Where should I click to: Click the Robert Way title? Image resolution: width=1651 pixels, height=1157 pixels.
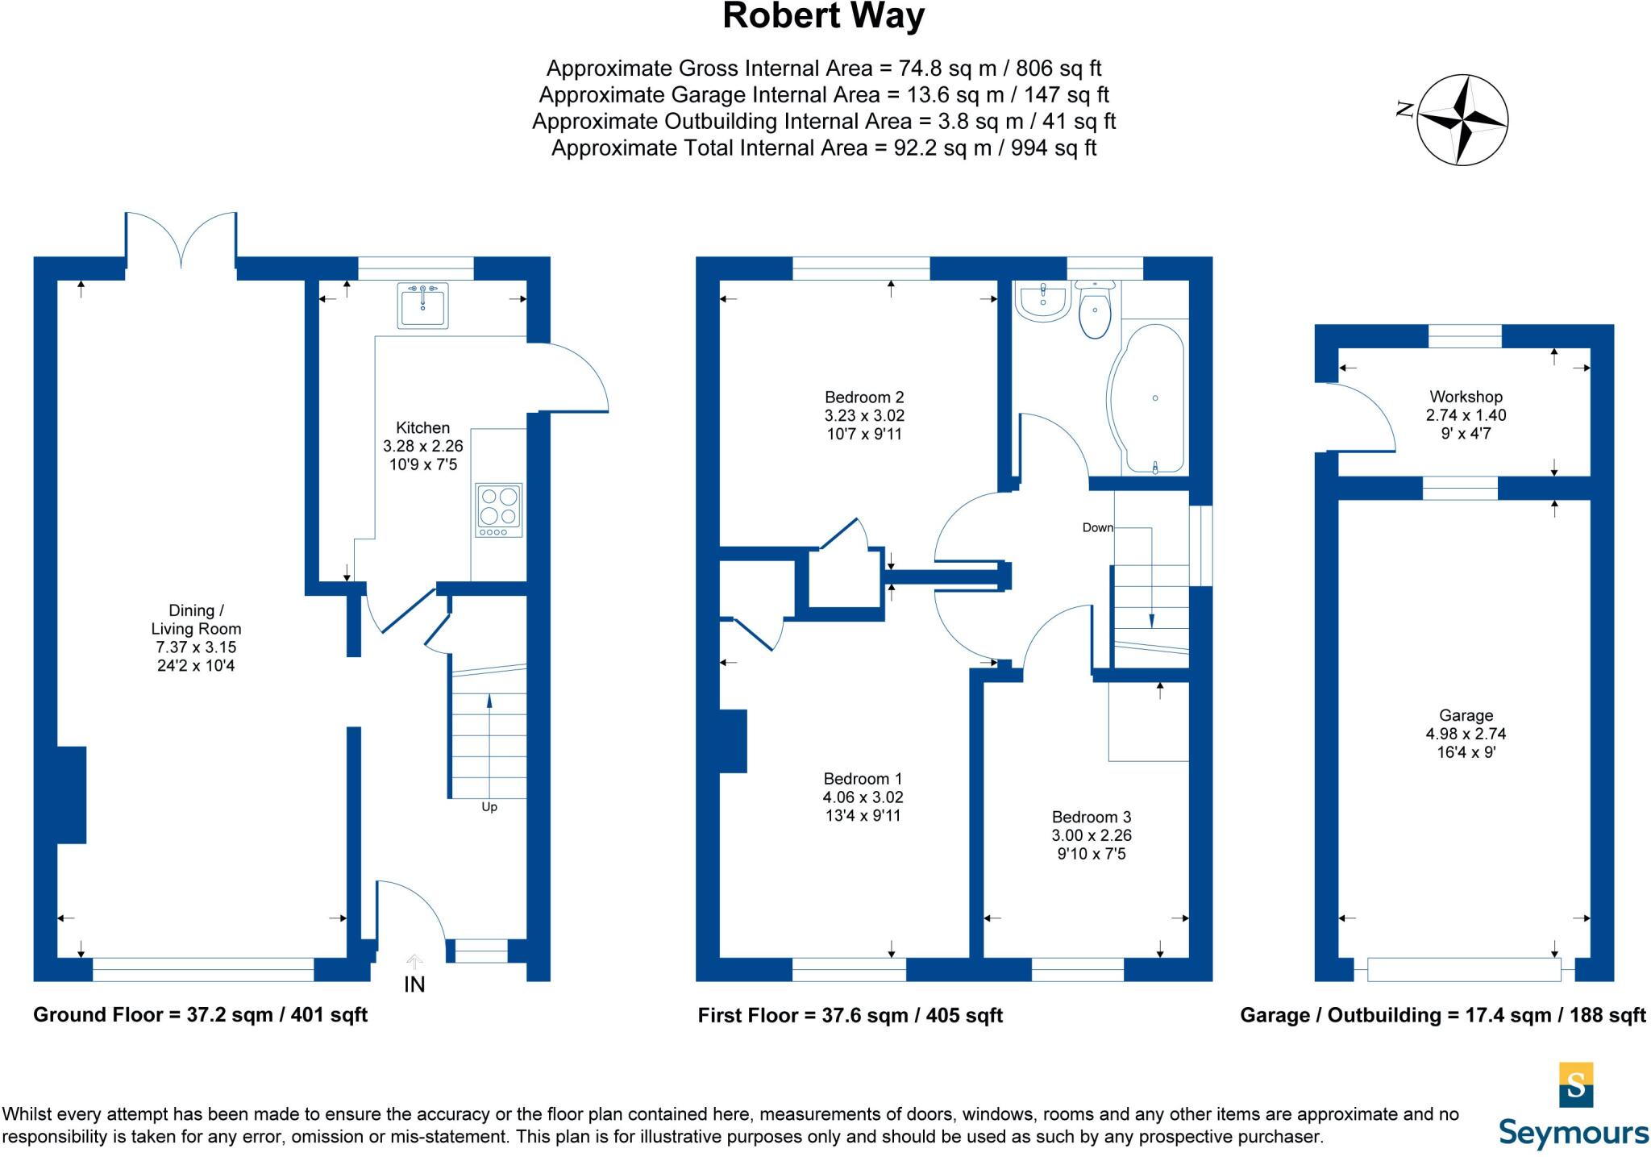click(x=823, y=17)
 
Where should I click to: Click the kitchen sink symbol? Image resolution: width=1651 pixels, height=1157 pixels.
click(x=422, y=305)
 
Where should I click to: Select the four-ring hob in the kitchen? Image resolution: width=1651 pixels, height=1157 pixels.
click(x=499, y=510)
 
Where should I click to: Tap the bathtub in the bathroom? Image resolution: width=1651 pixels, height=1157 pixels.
click(x=1149, y=398)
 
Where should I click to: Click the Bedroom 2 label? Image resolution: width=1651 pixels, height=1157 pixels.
click(x=864, y=397)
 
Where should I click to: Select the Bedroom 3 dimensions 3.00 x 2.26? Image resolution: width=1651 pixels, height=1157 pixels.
click(x=1092, y=835)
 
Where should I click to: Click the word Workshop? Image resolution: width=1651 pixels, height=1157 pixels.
click(x=1466, y=397)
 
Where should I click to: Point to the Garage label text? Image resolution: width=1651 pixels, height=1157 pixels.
click(x=1466, y=715)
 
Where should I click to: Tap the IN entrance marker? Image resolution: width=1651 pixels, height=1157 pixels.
click(x=414, y=984)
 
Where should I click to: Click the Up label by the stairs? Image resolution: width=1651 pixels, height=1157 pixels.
click(x=489, y=807)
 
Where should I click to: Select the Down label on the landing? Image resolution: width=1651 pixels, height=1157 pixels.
click(x=1097, y=527)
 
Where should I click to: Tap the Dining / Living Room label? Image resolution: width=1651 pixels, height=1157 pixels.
click(x=196, y=619)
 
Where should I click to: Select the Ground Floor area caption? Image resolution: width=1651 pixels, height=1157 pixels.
click(x=200, y=1014)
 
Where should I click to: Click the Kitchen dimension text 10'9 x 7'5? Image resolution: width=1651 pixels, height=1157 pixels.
click(x=422, y=464)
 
